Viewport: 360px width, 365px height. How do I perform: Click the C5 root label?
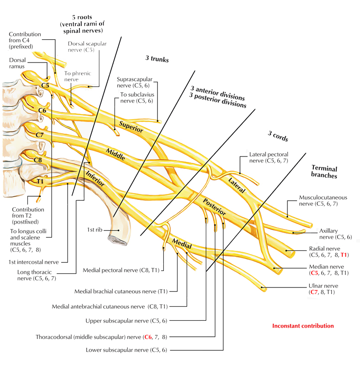click(x=45, y=85)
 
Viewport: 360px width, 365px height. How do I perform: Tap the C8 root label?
click(x=38, y=160)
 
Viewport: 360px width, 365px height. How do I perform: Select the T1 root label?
click(x=41, y=181)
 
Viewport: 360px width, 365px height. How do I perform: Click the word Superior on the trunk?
click(x=131, y=126)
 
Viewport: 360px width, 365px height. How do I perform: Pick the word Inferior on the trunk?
click(x=95, y=178)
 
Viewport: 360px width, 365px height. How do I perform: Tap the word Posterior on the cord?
click(x=214, y=207)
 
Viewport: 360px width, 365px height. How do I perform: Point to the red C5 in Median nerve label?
click(x=314, y=273)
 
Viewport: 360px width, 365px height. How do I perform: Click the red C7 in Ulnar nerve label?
click(x=314, y=292)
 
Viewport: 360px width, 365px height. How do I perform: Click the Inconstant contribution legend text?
click(x=303, y=326)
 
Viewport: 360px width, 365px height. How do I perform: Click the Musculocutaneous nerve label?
click(x=323, y=201)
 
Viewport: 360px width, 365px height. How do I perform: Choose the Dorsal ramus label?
click(x=18, y=63)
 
